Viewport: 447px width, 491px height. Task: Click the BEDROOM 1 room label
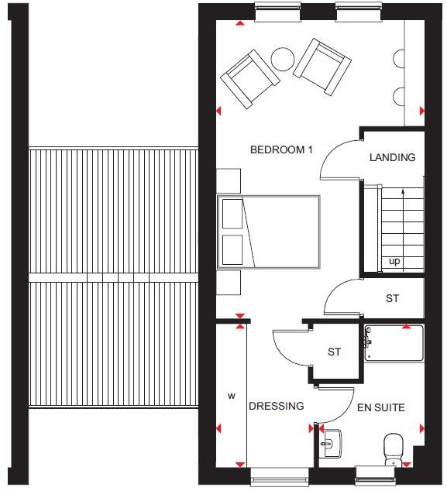click(280, 150)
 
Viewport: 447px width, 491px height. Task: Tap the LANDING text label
click(392, 157)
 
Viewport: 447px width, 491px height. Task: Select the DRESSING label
click(276, 406)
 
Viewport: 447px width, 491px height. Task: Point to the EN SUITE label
click(380, 407)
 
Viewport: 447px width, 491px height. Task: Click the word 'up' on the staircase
click(394, 261)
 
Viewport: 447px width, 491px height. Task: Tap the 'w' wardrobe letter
click(230, 396)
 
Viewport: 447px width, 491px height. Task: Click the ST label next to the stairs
click(392, 299)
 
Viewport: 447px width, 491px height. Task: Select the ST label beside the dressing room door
click(334, 352)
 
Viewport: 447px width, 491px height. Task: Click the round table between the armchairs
click(282, 59)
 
